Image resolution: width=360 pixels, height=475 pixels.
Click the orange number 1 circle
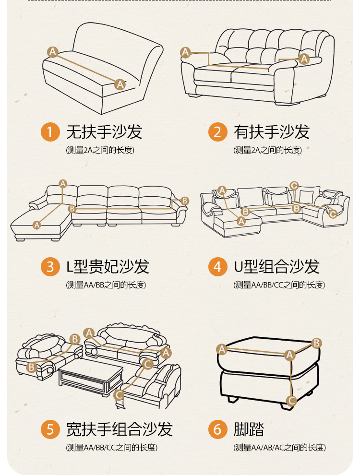[x=50, y=132]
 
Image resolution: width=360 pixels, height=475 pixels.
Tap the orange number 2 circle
[x=217, y=132]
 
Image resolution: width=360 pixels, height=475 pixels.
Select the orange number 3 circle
[x=50, y=266]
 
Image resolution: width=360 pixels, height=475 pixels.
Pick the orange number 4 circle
[x=217, y=266]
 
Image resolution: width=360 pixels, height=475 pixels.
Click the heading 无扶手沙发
[x=104, y=132]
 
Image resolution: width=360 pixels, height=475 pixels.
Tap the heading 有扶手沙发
[x=272, y=132]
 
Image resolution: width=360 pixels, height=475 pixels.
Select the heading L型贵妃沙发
[x=108, y=266]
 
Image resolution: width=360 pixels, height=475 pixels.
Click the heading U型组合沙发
[x=276, y=266]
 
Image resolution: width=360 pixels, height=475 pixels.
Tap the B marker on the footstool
[x=316, y=343]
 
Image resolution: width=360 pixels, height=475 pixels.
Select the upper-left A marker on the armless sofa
[x=53, y=51]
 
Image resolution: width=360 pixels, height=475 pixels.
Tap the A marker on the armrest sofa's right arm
[x=304, y=59]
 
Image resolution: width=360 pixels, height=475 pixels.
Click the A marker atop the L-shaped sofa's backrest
[x=63, y=183]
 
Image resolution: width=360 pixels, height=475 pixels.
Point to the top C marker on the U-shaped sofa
[x=294, y=186]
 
